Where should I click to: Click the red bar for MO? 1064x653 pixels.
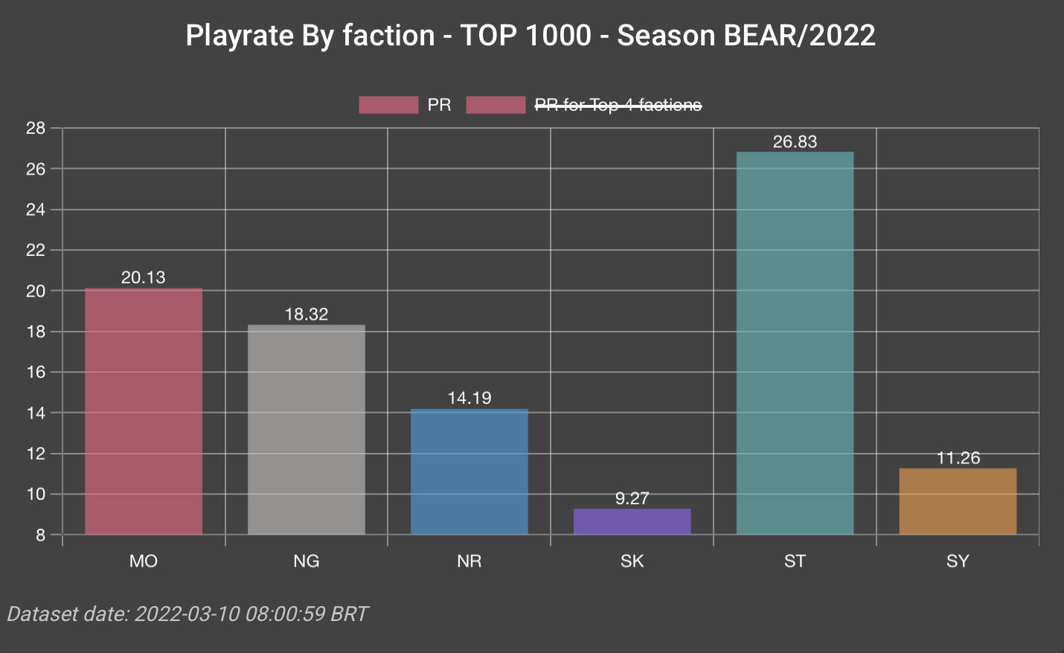[x=144, y=411]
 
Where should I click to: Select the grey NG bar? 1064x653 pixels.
[x=307, y=429]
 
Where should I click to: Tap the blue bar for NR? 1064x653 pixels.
[x=469, y=472]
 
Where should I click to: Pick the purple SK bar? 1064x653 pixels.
[x=632, y=521]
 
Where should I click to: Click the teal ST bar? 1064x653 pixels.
[x=795, y=343]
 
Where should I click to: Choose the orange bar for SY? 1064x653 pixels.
[x=958, y=501]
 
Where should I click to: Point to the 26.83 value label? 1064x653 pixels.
[x=795, y=141]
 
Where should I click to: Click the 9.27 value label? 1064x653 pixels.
[x=632, y=498]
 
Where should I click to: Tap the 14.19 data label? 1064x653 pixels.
[x=469, y=398]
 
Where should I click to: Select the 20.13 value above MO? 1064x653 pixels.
[x=144, y=277]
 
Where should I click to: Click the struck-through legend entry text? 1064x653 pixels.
[x=618, y=105]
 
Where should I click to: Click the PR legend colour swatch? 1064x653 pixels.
[x=388, y=105]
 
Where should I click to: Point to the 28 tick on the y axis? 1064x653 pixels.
[x=36, y=128]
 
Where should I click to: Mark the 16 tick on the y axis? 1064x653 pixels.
[x=36, y=372]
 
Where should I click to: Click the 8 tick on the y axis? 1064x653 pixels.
[x=40, y=535]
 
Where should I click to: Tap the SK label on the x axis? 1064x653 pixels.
[x=632, y=561]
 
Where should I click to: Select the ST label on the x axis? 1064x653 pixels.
[x=795, y=561]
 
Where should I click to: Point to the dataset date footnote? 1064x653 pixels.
[x=188, y=614]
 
